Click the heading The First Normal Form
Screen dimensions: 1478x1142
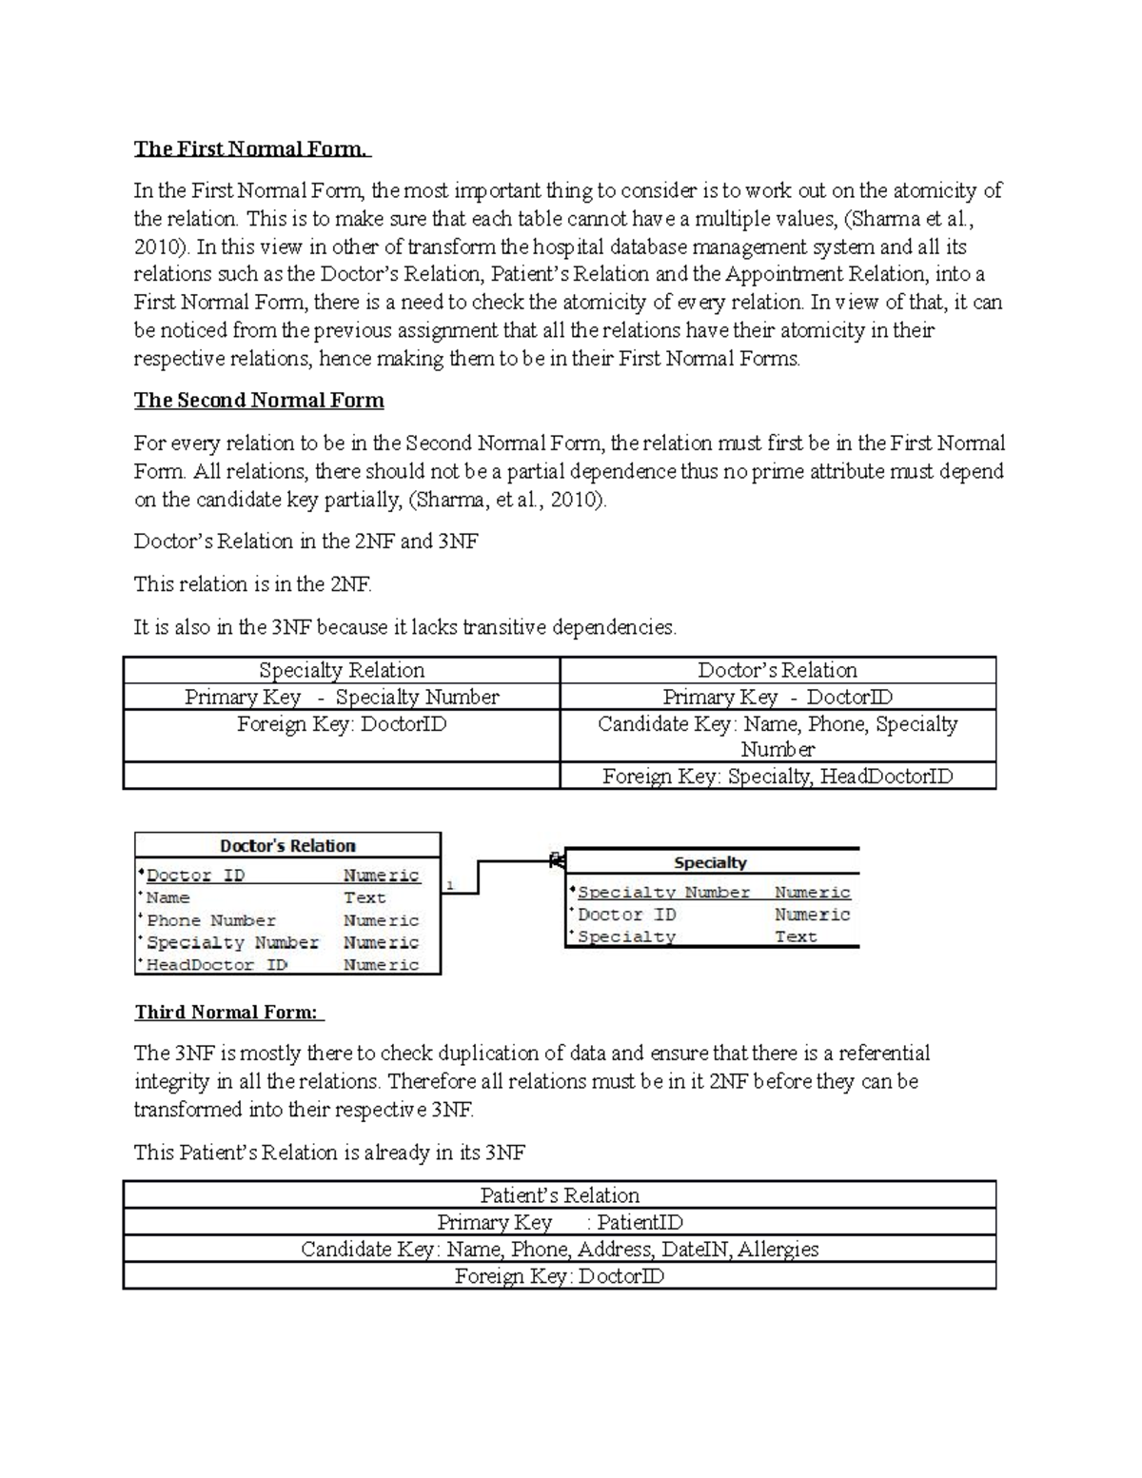coord(251,148)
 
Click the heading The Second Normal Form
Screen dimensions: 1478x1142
coord(259,400)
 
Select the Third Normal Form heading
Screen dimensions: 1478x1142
coord(228,1012)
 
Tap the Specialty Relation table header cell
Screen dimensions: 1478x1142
coord(342,670)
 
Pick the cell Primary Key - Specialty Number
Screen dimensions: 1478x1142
coord(342,697)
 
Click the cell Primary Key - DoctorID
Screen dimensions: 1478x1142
coord(778,697)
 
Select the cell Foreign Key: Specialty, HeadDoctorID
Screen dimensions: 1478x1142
coord(778,777)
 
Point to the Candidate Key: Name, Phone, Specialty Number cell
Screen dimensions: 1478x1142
coord(778,736)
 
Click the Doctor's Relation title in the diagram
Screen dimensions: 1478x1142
coord(287,846)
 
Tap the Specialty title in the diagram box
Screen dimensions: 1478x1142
coord(710,863)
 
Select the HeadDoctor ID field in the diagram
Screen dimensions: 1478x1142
coord(217,965)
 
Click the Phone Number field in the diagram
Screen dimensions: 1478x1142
coord(211,920)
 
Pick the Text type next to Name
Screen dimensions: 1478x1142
coord(364,897)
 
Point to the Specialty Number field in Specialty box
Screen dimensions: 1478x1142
coord(664,893)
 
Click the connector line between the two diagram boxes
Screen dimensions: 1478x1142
coord(478,876)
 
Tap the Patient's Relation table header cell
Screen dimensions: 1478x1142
coord(560,1195)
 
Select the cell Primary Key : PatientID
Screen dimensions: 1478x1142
coord(560,1222)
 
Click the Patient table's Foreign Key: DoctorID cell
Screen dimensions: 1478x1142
coord(560,1276)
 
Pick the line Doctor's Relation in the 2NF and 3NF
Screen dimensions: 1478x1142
coord(306,542)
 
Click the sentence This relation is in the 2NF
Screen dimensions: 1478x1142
coord(253,584)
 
